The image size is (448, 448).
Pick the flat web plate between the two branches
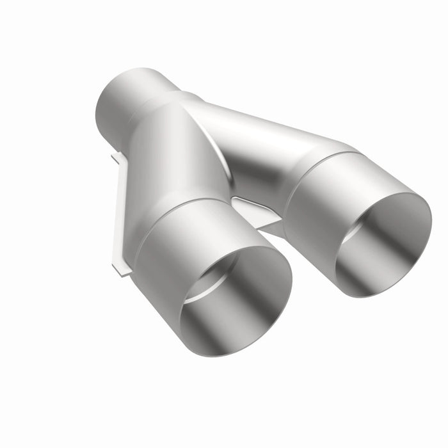pyautogui.click(x=256, y=211)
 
